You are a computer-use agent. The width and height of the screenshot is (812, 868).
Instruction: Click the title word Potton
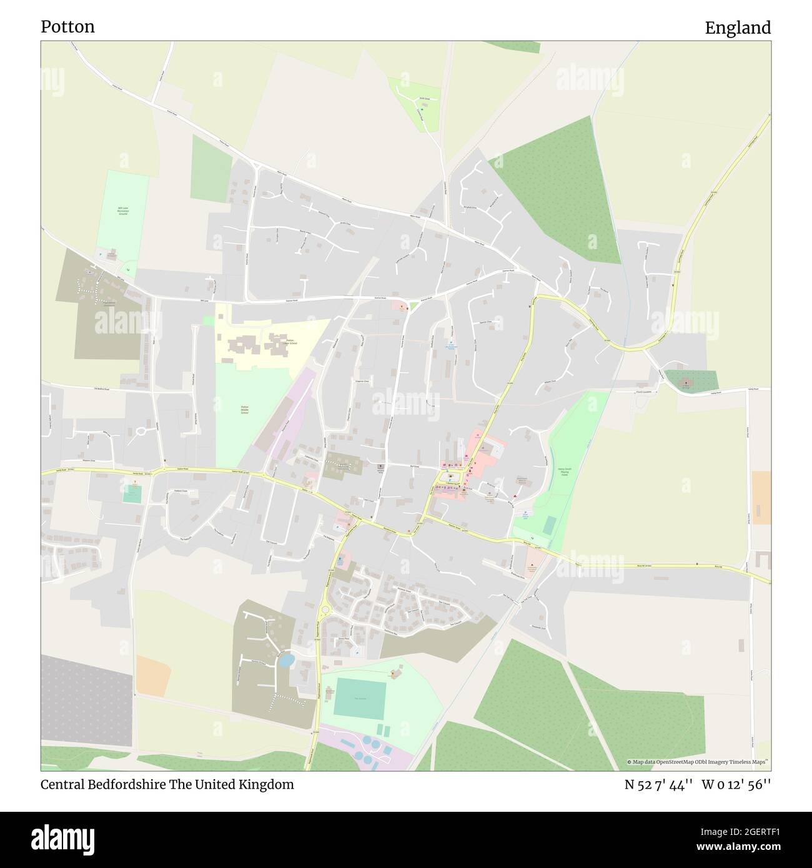pyautogui.click(x=67, y=27)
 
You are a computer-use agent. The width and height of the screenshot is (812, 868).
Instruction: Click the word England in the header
pyautogui.click(x=738, y=28)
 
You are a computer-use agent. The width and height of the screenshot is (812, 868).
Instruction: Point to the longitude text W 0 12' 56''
pyautogui.click(x=736, y=785)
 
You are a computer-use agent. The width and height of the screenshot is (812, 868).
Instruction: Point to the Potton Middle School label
pyautogui.click(x=244, y=410)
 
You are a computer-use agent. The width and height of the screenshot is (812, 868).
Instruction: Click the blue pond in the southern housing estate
pyautogui.click(x=285, y=659)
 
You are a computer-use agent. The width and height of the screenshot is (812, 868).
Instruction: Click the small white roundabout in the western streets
pyautogui.click(x=141, y=431)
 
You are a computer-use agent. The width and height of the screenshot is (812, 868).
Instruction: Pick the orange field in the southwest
pyautogui.click(x=153, y=676)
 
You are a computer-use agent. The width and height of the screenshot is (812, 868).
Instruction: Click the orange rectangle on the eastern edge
pyautogui.click(x=761, y=498)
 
